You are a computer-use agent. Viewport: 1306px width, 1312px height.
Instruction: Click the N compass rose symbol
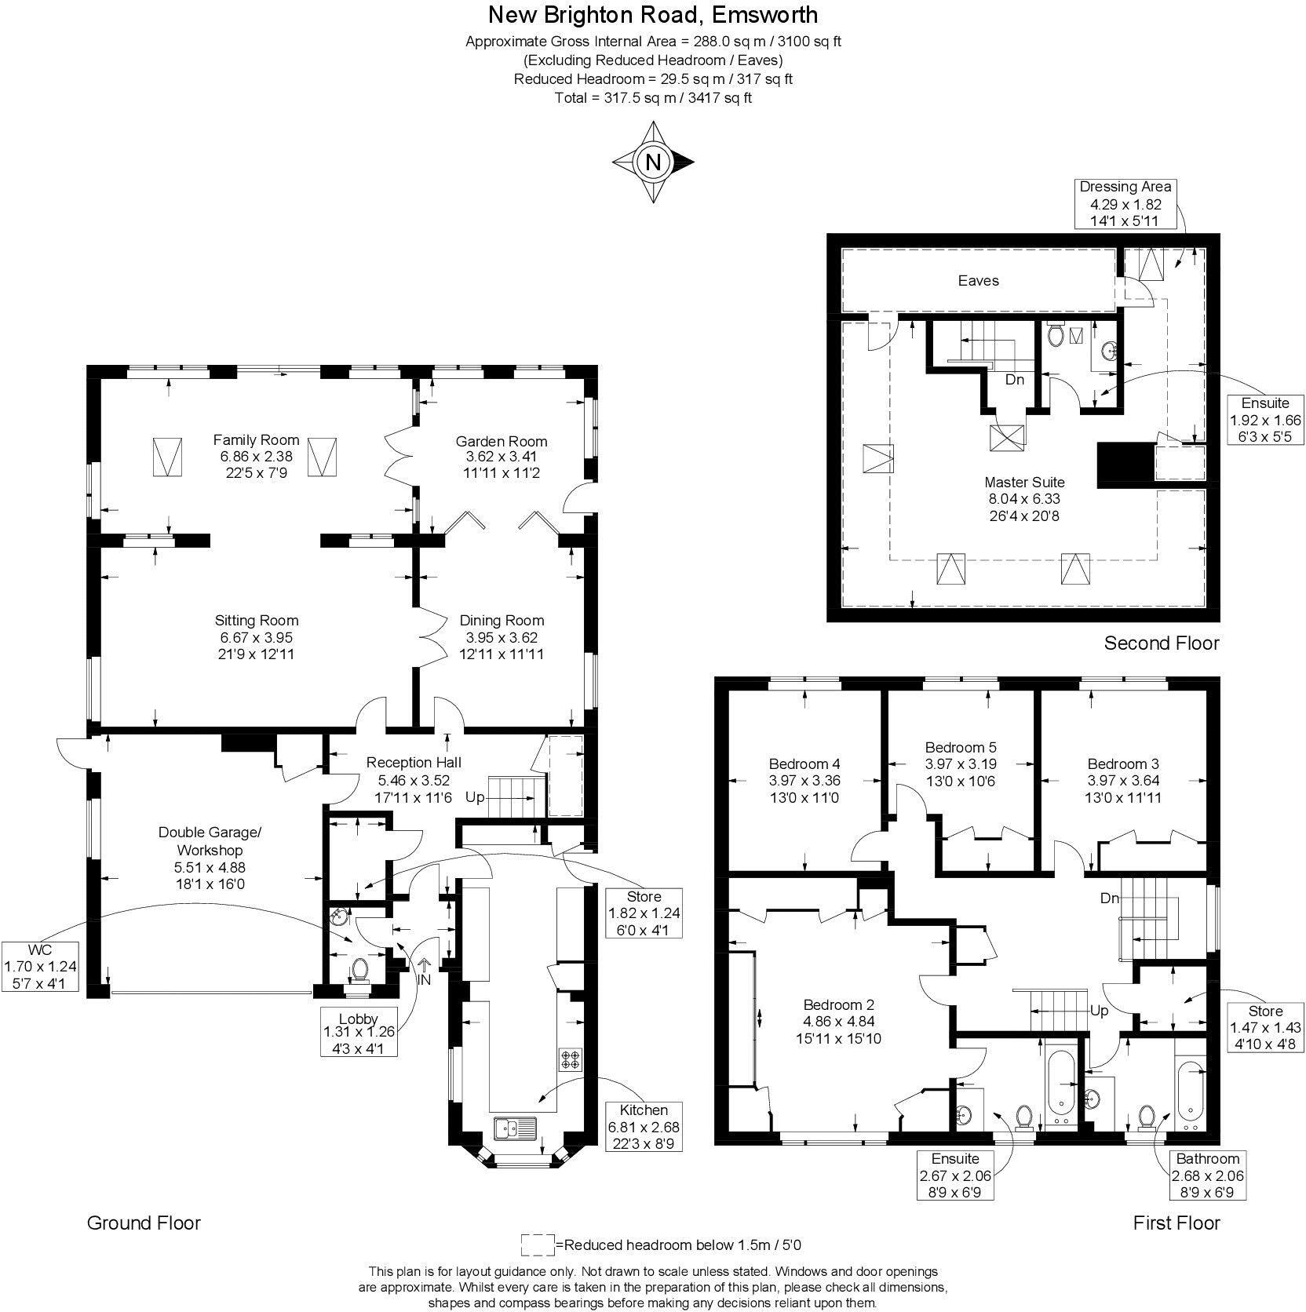[x=653, y=162]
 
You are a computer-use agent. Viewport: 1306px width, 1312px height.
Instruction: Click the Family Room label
[x=256, y=439]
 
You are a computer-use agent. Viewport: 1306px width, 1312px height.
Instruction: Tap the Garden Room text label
[x=502, y=441]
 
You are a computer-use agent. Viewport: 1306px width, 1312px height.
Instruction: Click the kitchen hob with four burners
[x=570, y=1059]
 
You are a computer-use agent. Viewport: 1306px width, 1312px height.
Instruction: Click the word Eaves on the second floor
[x=978, y=280]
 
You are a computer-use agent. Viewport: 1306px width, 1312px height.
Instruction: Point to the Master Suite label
[x=1024, y=482]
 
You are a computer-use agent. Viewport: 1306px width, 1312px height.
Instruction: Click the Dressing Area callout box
[x=1125, y=203]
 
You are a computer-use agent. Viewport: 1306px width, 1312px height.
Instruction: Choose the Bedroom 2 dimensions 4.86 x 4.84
[x=838, y=1022]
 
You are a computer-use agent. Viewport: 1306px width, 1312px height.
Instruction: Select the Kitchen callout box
[x=644, y=1127]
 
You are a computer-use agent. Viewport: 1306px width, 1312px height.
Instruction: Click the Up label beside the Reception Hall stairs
[x=475, y=797]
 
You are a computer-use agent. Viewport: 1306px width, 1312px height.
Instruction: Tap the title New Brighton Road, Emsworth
[x=652, y=14]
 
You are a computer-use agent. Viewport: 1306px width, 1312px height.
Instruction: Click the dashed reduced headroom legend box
[x=537, y=1244]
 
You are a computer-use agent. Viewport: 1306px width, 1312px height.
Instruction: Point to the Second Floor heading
[x=1161, y=643]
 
